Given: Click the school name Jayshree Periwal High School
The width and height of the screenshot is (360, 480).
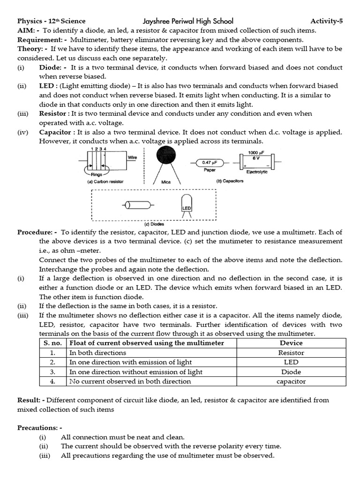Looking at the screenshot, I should tap(187, 21).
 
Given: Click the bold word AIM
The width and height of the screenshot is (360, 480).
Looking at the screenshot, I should tap(26, 30).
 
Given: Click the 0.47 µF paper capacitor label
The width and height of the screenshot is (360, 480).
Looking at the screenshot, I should tap(209, 163).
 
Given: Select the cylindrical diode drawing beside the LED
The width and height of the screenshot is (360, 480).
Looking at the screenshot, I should tap(137, 205).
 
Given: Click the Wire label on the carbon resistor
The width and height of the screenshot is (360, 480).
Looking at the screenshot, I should tap(132, 158).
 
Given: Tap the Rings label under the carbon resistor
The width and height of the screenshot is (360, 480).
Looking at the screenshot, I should tap(97, 174).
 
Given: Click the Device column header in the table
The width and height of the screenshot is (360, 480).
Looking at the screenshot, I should tap(291, 343).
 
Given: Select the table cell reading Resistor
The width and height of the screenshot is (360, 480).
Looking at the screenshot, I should tap(291, 352).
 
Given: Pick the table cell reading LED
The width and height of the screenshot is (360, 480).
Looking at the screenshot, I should tap(291, 362).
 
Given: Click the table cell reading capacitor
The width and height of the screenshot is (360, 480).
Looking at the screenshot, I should tap(291, 382).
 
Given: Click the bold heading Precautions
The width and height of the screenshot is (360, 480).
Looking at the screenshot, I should tap(39, 427).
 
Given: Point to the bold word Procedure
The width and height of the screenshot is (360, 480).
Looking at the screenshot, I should tap(37, 232).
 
